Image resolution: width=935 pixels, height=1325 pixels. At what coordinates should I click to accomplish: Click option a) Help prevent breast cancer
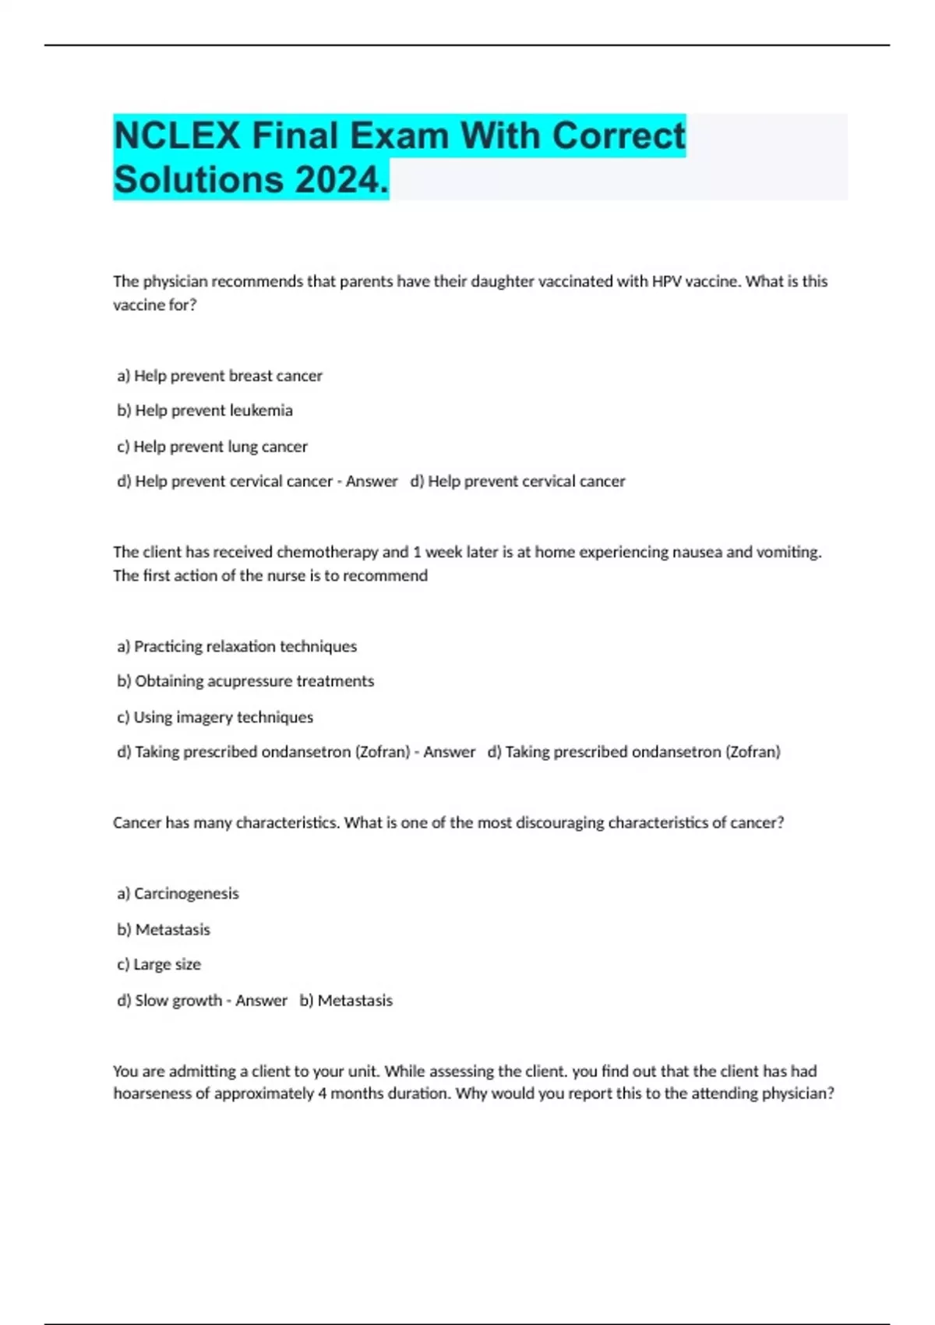(x=220, y=376)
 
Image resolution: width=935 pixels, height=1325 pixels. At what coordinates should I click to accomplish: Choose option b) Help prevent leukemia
(x=205, y=411)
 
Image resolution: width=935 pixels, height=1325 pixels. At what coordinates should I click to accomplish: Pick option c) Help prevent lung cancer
(x=213, y=447)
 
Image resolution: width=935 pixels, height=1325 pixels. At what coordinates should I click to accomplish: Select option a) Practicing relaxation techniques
(x=237, y=646)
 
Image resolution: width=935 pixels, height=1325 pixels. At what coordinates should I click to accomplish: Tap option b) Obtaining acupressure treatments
(x=245, y=681)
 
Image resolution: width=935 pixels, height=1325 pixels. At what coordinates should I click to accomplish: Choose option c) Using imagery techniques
(x=215, y=717)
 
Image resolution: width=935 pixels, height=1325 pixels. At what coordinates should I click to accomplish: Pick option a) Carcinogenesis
(x=178, y=893)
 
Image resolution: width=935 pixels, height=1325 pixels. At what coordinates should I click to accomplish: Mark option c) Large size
(x=159, y=964)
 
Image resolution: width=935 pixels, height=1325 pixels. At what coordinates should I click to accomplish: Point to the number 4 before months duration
(x=322, y=1094)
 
